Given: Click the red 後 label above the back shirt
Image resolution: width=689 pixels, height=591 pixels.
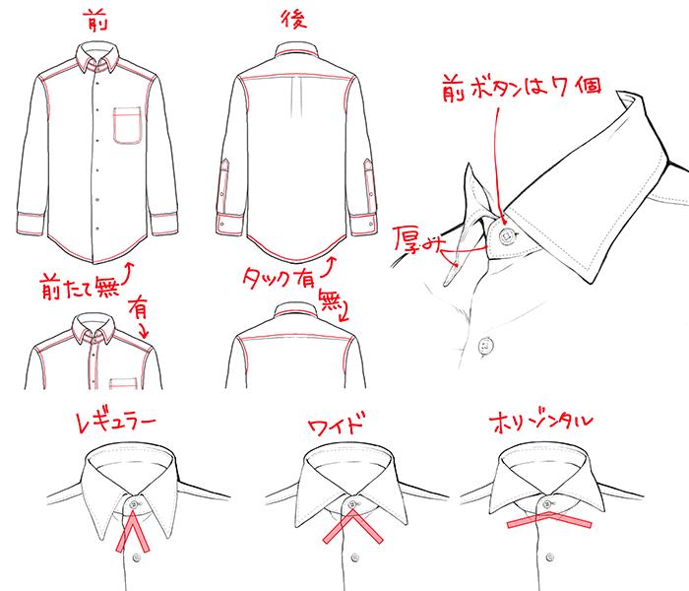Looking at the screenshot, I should coord(293,21).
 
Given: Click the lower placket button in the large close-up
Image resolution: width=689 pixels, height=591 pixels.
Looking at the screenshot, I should coord(483,344).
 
